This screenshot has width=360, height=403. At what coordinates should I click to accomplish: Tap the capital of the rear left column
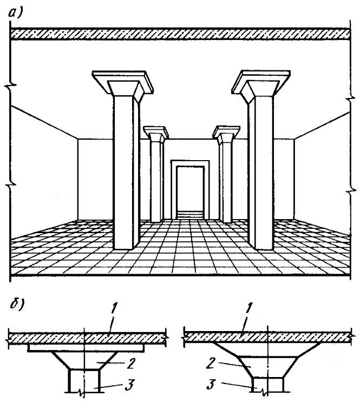[x=156, y=133]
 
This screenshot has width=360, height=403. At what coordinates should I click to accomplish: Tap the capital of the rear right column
[x=226, y=133]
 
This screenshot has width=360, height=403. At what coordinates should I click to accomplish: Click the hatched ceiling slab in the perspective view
[x=179, y=34]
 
